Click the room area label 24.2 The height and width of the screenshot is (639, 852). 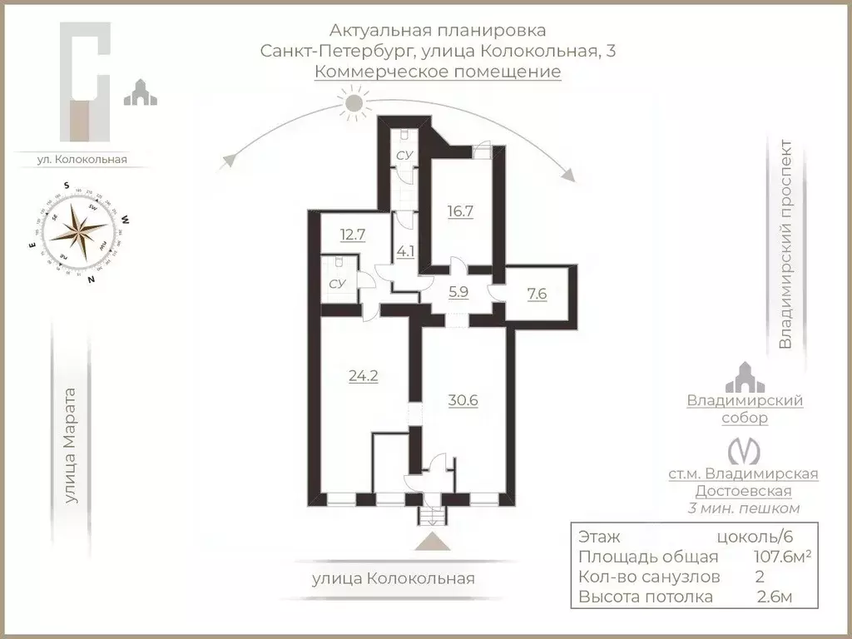363,376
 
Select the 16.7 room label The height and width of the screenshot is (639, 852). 458,211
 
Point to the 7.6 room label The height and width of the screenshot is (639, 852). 537,295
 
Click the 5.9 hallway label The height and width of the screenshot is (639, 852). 459,292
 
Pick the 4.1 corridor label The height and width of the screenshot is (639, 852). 405,250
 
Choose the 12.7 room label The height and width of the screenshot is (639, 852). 353,235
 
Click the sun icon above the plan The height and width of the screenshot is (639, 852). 355,103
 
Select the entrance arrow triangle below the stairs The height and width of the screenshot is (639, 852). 433,542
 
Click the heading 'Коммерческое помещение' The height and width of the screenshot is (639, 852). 438,72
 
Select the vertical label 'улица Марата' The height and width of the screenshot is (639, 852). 71,445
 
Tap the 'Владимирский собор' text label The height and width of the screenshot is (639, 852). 745,409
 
